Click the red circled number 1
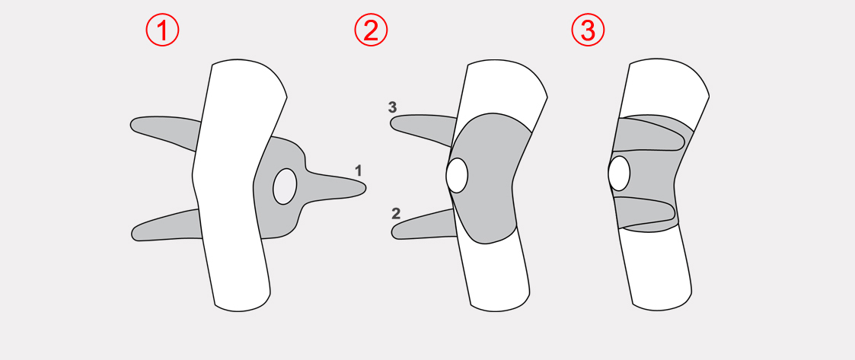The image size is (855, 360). click(162, 30)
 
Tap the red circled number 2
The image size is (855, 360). click(371, 30)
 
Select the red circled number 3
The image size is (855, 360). click(588, 30)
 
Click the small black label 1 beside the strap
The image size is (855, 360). click(358, 170)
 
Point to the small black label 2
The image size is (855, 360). click(397, 213)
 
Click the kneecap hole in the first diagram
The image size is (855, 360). click(285, 186)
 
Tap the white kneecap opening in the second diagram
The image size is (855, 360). click(457, 175)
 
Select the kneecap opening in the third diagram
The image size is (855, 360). click(619, 174)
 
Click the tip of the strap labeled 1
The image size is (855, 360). click(366, 188)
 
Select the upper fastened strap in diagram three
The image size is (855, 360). click(649, 135)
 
